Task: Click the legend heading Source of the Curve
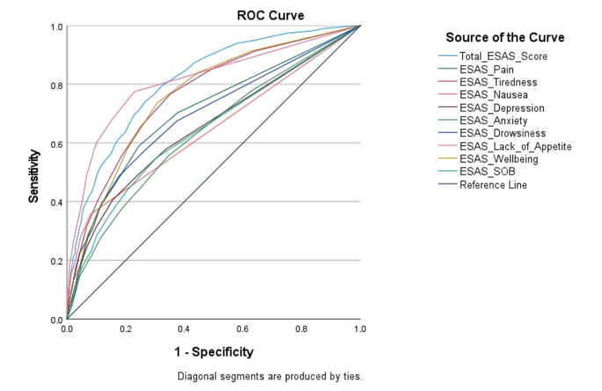tap(504, 38)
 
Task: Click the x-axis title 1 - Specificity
tap(214, 352)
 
